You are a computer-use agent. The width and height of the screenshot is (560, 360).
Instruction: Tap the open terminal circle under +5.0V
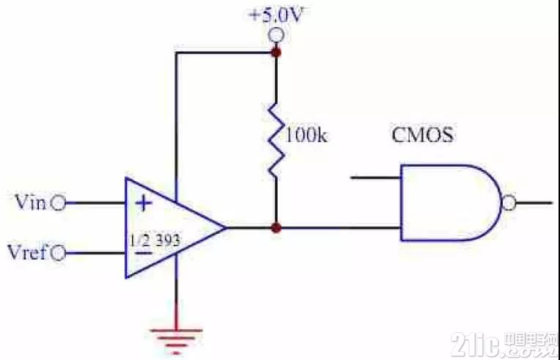point(276,35)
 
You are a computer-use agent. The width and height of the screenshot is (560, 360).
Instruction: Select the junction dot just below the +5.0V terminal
point(276,53)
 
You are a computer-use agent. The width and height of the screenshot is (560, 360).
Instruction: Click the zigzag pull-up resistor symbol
point(277,141)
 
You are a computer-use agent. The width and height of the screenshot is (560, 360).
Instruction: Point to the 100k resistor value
point(306,136)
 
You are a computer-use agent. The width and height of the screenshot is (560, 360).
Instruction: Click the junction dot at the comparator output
point(276,227)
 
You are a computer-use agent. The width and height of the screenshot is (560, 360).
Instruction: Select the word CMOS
point(422,136)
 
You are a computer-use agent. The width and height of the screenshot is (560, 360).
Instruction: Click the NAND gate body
point(451,203)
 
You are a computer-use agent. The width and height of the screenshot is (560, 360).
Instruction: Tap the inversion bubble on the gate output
point(509,203)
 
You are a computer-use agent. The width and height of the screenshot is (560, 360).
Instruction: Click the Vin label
point(31,202)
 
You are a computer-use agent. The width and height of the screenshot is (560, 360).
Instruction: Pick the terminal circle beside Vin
point(58,204)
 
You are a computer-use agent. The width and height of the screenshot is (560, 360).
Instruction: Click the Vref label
point(28,253)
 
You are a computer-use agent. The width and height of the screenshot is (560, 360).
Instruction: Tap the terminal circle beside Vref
point(58,254)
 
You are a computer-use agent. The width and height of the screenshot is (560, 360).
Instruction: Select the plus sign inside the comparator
point(144,204)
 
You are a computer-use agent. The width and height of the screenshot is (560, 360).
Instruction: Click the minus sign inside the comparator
point(144,253)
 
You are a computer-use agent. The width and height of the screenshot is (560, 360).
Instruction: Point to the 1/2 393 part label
point(155,241)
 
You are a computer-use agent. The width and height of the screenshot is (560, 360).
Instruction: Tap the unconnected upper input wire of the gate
point(375,177)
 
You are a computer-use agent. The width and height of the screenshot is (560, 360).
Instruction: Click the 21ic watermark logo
point(504,344)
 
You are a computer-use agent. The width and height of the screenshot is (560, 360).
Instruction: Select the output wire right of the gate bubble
point(534,203)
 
